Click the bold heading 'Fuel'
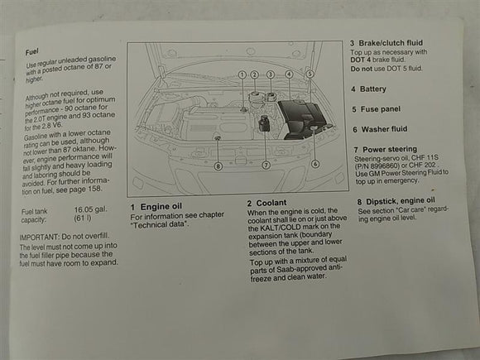tap(34, 51)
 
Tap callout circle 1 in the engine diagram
tap(242, 74)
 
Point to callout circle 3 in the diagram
tap(271, 74)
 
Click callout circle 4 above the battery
tap(289, 74)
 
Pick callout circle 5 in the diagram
tap(309, 74)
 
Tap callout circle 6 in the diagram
tap(315, 164)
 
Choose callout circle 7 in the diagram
tap(266, 165)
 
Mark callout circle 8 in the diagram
tap(218, 166)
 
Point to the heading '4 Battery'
tap(368, 88)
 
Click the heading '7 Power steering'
tap(386, 149)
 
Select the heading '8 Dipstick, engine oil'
tap(396, 200)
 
